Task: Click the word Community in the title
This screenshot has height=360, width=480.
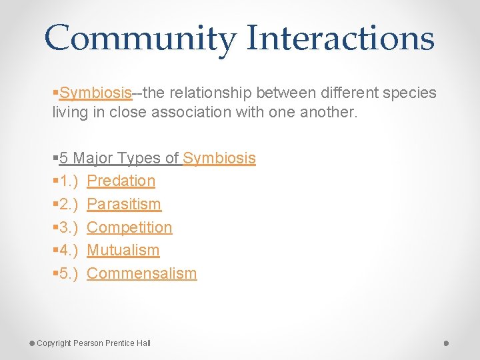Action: [140, 38]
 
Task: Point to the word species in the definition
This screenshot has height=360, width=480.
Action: [407, 93]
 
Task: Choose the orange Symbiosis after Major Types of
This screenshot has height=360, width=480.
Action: [219, 158]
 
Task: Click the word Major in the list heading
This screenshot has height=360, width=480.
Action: [93, 158]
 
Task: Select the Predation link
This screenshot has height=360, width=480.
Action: [121, 181]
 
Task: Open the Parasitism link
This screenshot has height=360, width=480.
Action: [124, 204]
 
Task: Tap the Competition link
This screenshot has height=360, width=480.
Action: [129, 227]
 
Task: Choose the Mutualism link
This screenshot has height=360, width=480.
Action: [123, 250]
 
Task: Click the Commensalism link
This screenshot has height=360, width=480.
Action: [142, 273]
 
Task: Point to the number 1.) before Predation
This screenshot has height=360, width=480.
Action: [68, 181]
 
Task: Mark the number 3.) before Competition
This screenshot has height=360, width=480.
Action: [68, 227]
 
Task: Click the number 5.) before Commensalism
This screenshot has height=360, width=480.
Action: [68, 273]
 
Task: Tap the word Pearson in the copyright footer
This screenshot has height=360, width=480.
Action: [88, 343]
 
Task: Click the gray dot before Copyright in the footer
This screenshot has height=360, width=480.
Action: [32, 343]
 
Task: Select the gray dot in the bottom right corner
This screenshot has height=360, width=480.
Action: [446, 343]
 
